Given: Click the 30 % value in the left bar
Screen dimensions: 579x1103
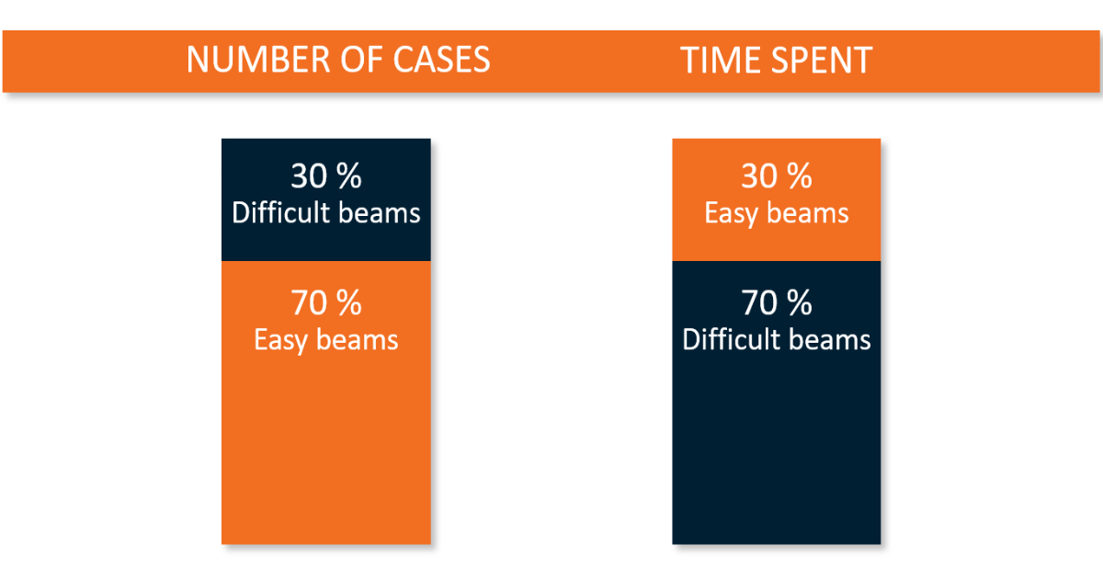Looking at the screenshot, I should [325, 176].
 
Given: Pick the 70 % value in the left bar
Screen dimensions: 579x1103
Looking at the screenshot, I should [325, 302].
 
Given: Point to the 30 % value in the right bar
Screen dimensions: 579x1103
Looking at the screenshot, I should [777, 176].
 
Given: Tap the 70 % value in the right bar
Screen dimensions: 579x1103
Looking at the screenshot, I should [777, 302].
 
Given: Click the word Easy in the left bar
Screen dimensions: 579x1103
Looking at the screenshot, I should [279, 340].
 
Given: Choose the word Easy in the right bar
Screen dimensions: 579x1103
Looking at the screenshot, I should [730, 213].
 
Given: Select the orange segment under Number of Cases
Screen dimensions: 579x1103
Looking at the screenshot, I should [325, 441].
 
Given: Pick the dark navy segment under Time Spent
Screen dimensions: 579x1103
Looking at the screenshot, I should [777, 441].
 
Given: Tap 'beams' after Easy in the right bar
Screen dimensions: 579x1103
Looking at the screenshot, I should [810, 213].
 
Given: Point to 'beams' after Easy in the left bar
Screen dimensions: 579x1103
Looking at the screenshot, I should [359, 340].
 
